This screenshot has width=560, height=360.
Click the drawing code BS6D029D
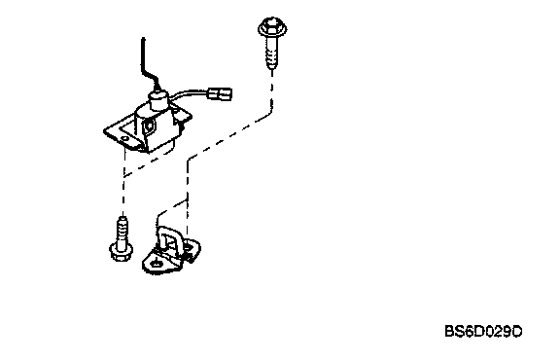coord(483,332)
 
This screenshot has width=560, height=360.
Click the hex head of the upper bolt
coord(272,27)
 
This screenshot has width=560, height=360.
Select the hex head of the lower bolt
coord(122,251)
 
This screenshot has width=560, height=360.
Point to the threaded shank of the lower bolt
coord(122,231)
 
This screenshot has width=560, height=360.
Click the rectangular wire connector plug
coord(220,94)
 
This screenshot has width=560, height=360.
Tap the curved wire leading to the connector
coord(189,95)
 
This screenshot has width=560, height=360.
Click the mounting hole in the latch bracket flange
coord(124,138)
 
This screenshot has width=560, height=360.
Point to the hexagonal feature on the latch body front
coord(148,126)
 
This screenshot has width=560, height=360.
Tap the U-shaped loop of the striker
coord(171,236)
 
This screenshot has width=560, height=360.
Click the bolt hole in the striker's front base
coord(156,264)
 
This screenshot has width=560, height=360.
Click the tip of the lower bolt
coord(122,217)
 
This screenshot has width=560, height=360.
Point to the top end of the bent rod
coord(143,38)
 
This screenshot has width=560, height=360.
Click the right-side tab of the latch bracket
coord(184,115)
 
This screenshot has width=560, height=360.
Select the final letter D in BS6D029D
coord(516,332)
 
